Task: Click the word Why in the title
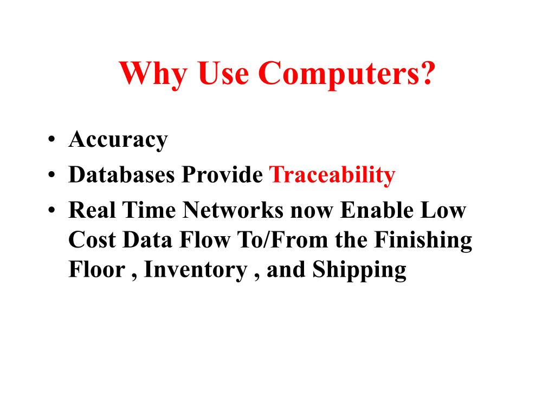pos(153,73)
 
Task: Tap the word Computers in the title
pos(335,73)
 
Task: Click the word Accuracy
pos(118,140)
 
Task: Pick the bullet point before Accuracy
pos(51,140)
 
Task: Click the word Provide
pos(222,175)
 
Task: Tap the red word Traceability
pos(332,175)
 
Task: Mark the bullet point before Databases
pos(51,175)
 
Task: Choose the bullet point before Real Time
pos(51,211)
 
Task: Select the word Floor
pos(96,270)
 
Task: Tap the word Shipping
pos(359,270)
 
